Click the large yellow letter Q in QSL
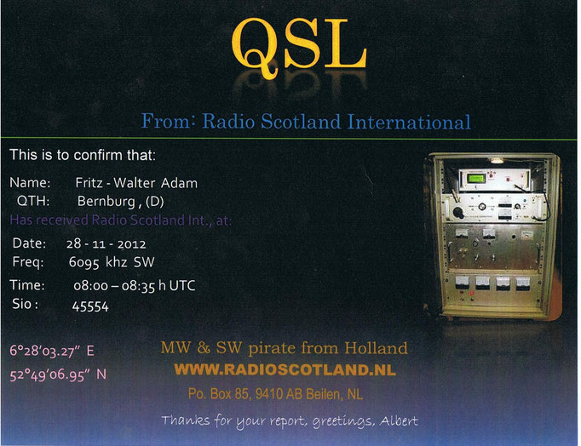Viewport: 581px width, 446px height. (255, 45)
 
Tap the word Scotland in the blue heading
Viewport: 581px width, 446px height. (301, 122)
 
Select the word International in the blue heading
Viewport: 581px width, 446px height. (409, 122)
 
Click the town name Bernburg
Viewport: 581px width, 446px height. (106, 202)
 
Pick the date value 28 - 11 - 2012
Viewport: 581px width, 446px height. (106, 244)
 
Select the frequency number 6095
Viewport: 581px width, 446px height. (83, 262)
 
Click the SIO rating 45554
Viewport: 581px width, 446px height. (90, 306)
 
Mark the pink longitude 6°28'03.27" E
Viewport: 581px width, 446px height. (52, 351)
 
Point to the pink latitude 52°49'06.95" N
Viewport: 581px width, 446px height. (58, 375)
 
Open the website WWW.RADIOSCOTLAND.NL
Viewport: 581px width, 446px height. (285, 369)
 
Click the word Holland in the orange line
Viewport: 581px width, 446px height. (376, 348)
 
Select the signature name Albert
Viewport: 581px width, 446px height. (399, 420)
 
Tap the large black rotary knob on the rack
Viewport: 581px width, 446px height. (458, 213)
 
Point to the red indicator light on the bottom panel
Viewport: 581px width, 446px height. (471, 294)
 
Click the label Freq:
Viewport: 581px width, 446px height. (28, 262)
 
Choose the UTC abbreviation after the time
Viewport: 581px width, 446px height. (182, 286)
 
